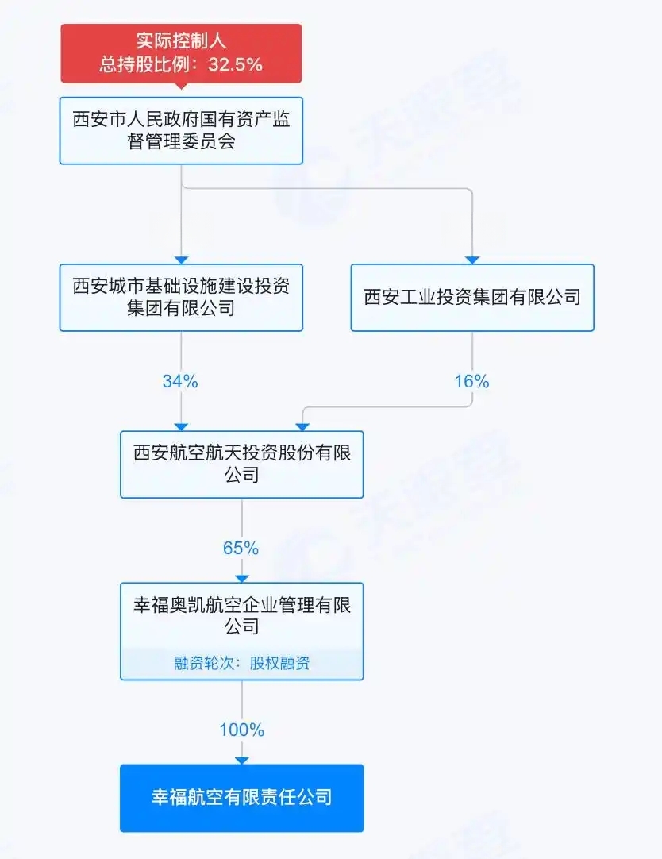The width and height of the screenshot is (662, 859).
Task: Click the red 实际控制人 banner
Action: coord(181,53)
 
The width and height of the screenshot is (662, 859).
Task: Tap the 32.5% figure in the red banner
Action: coord(236,64)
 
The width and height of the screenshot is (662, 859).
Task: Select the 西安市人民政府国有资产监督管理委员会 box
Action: coord(181,131)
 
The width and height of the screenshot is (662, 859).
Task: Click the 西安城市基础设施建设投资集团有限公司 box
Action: coord(181,298)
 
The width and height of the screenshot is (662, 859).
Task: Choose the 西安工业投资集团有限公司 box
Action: coord(472,298)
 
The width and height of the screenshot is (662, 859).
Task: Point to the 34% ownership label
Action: coord(180,381)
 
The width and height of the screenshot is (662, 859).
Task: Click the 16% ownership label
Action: coord(472,381)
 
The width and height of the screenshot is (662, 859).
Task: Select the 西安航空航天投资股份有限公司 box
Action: coord(242,464)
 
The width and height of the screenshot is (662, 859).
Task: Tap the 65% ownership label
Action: coord(241,548)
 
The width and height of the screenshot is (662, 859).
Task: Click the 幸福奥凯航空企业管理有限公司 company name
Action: coord(242,616)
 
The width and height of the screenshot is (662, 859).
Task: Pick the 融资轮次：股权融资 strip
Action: coord(242,664)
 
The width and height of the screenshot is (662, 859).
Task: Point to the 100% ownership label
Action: coord(242,730)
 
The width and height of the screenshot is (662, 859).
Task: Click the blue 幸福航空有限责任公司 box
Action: coord(242,798)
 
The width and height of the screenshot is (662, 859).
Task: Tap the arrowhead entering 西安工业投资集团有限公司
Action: coord(472,260)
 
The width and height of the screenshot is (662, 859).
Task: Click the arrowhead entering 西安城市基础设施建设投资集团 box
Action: coord(181,260)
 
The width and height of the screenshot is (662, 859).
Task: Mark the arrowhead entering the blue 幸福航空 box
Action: coord(242,761)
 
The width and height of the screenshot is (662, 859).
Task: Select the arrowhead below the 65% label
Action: coord(242,579)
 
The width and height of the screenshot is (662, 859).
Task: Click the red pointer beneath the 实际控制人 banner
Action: coord(181,86)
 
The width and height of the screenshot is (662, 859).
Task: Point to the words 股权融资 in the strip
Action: coord(280,664)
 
